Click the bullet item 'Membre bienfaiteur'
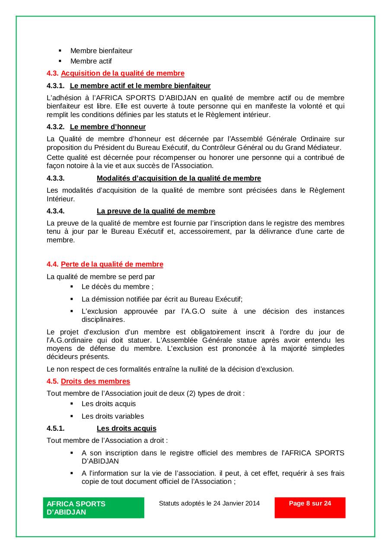pos(101,51)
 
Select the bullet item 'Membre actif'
pos(91,61)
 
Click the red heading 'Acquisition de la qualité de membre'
pos(122,73)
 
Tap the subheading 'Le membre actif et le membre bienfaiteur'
pos(140,86)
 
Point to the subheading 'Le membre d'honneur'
pos(108,127)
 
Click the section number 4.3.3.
pos(56,178)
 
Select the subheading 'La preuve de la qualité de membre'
pos(156,211)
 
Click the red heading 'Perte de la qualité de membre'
pos(112,264)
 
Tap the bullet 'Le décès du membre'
pos(117,287)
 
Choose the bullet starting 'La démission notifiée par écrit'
pos(162,299)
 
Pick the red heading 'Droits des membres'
pos(95,381)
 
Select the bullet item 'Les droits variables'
pos(113,416)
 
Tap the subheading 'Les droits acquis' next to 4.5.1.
pos(126,429)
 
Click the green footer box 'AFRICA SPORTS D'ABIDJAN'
pos(93,508)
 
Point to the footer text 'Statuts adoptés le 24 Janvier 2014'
pos(209,503)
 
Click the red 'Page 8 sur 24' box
pos(310,507)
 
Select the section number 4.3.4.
pos(56,211)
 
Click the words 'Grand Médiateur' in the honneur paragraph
pos(316,147)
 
